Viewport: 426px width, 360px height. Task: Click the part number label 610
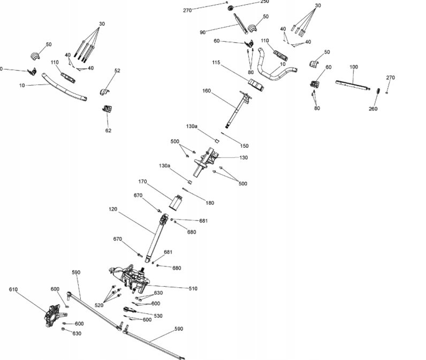pyautogui.click(x=13, y=289)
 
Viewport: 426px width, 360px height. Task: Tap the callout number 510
pyautogui.click(x=193, y=289)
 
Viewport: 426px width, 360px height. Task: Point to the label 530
pyautogui.click(x=158, y=316)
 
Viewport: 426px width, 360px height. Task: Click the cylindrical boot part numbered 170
pyautogui.click(x=176, y=203)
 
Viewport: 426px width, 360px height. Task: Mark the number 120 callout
pyautogui.click(x=112, y=209)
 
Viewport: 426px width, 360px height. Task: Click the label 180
pyautogui.click(x=210, y=203)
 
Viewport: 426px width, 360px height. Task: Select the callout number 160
pyautogui.click(x=206, y=91)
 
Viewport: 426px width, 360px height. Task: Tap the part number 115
pyautogui.click(x=216, y=63)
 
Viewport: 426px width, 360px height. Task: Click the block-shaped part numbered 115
pyautogui.click(x=256, y=85)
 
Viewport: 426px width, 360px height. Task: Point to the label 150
pyautogui.click(x=244, y=145)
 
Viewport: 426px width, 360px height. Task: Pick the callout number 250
pyautogui.click(x=264, y=2)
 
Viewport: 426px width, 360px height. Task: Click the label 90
pyautogui.click(x=203, y=32)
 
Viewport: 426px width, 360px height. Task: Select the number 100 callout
pyautogui.click(x=353, y=67)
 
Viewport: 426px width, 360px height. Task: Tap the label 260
pyautogui.click(x=373, y=109)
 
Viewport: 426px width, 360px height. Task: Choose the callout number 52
pyautogui.click(x=117, y=70)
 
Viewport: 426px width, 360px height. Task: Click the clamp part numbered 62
pyautogui.click(x=107, y=110)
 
